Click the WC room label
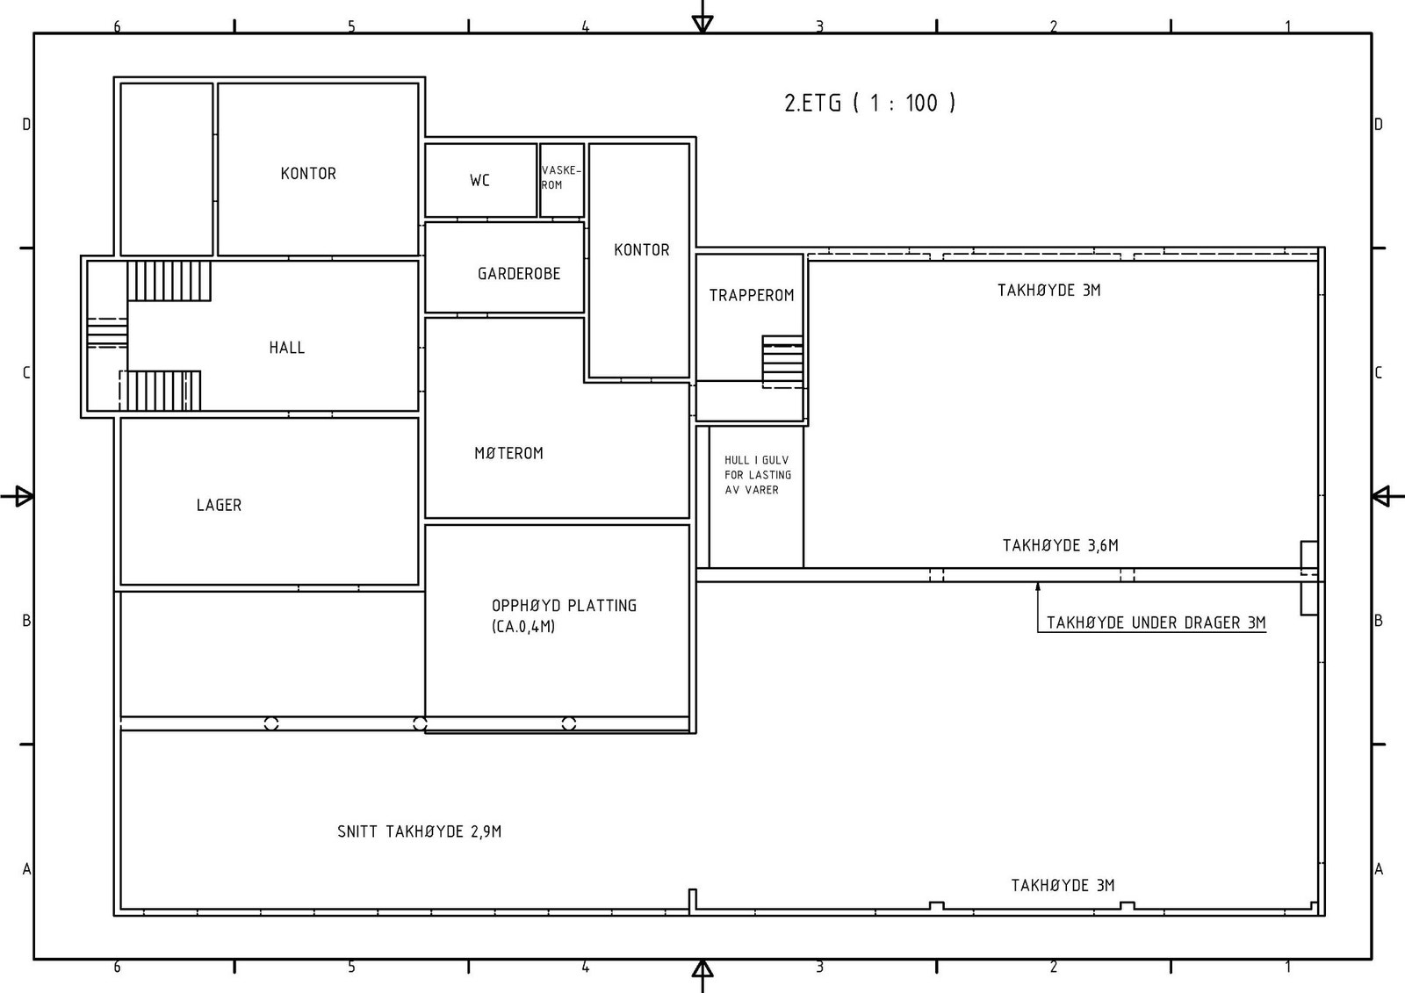[479, 181]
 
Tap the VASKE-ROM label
[561, 177]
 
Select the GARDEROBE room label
[519, 274]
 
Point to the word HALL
[286, 348]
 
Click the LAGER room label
[219, 505]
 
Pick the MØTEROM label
[508, 453]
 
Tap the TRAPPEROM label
[752, 295]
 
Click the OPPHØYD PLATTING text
[564, 605]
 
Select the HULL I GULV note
[758, 475]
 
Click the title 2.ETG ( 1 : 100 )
[870, 103]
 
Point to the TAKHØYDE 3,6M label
[1061, 545]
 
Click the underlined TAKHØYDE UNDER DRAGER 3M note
[1156, 622]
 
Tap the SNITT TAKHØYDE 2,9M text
[419, 831]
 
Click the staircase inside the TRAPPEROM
[782, 362]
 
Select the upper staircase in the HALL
[169, 281]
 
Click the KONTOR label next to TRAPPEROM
[642, 249]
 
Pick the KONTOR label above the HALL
[308, 173]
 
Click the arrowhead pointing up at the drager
[1037, 587]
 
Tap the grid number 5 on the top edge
[351, 26]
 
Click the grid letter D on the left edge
[26, 124]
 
